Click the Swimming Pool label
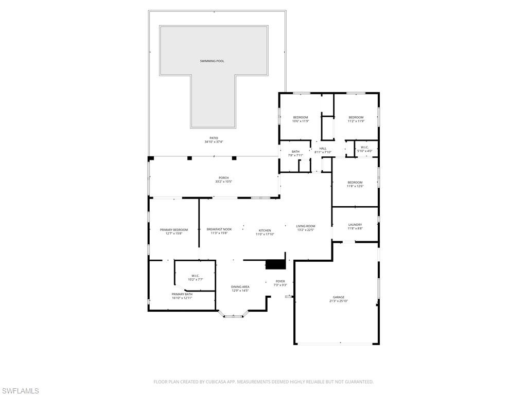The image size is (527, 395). (x=212, y=61)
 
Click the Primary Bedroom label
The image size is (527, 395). (x=173, y=230)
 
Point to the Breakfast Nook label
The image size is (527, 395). (x=219, y=229)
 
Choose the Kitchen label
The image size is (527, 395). (x=265, y=230)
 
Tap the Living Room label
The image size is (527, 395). (x=305, y=226)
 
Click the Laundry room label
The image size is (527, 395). (x=355, y=225)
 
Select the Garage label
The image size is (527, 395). (x=338, y=297)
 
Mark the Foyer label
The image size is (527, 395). (x=280, y=281)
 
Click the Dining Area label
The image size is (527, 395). (x=240, y=287)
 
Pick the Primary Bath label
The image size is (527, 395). (x=182, y=294)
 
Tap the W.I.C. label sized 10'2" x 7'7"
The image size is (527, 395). (x=195, y=276)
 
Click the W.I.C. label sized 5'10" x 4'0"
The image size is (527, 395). (x=364, y=148)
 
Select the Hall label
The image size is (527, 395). (x=323, y=149)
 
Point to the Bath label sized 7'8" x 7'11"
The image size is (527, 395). (x=295, y=152)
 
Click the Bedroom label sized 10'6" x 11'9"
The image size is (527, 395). (x=301, y=117)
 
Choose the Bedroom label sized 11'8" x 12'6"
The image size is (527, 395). (x=355, y=183)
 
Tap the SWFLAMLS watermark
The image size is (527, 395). (x=20, y=391)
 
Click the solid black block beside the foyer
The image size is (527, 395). (x=275, y=264)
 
